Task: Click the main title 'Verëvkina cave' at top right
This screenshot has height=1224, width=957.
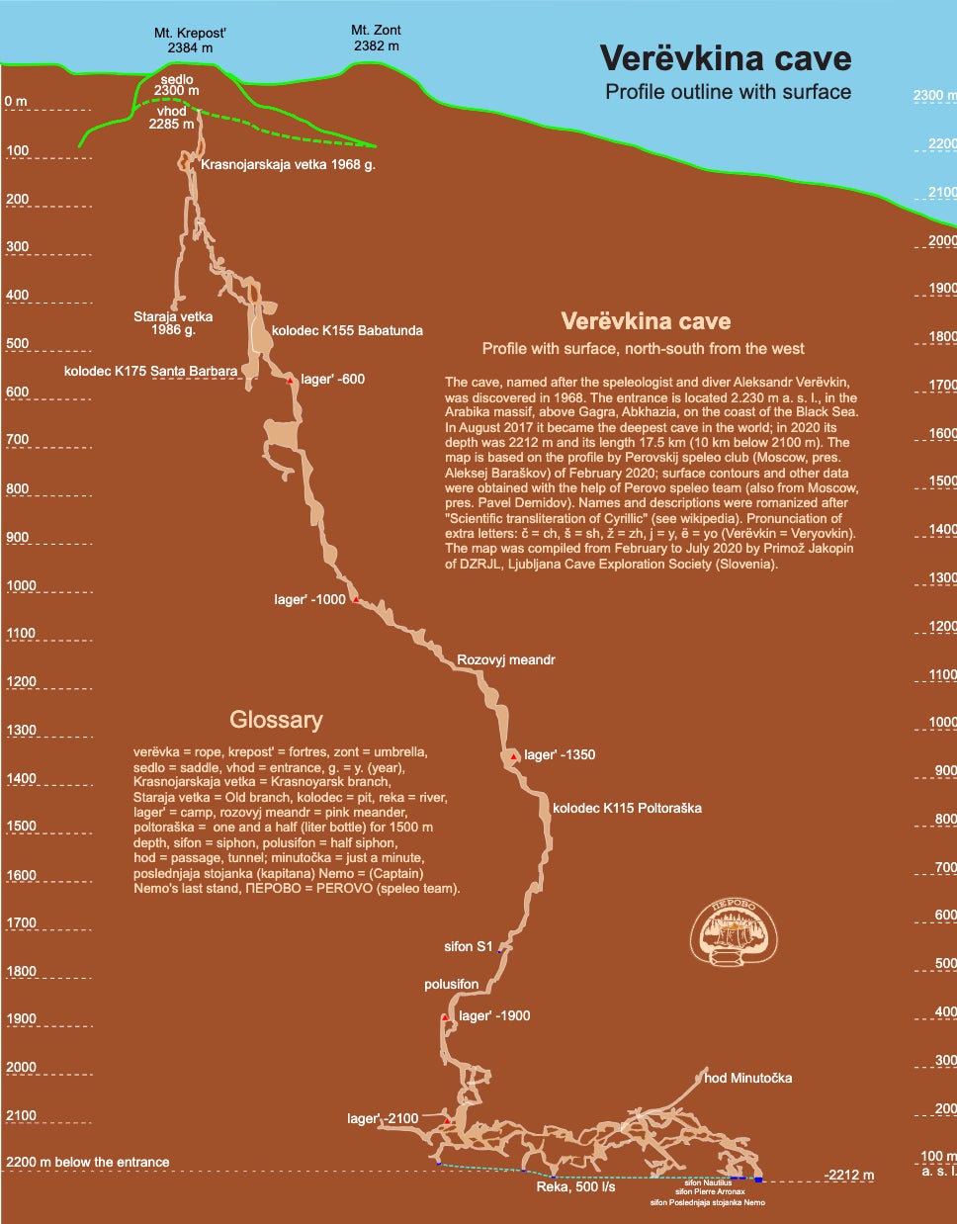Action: coord(726,58)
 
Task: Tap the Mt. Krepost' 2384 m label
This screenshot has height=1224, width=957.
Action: coord(191,41)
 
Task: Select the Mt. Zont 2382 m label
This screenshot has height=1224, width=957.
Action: coord(377,38)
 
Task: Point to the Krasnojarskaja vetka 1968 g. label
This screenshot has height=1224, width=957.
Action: coord(288,165)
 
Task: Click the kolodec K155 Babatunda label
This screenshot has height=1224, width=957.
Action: coord(347,330)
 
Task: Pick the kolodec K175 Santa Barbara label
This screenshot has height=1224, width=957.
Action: coord(150,372)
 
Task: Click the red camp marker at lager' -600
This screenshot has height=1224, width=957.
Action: coord(291,381)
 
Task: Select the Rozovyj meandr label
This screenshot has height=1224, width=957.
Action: coord(506,659)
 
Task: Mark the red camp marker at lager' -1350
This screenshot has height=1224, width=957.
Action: coord(514,756)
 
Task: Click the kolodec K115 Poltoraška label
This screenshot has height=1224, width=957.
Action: coord(627,808)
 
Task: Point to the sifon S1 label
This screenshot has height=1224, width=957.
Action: coord(468,946)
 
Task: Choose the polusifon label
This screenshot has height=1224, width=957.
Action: coord(452,985)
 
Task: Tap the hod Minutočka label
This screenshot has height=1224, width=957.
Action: coord(748,1078)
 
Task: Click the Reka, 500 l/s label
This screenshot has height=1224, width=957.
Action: coord(575,1186)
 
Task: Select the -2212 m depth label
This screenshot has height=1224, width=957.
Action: coord(848,1175)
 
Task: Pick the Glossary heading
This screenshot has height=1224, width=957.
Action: coord(276,720)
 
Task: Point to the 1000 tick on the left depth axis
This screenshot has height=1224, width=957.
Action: coord(21,585)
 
